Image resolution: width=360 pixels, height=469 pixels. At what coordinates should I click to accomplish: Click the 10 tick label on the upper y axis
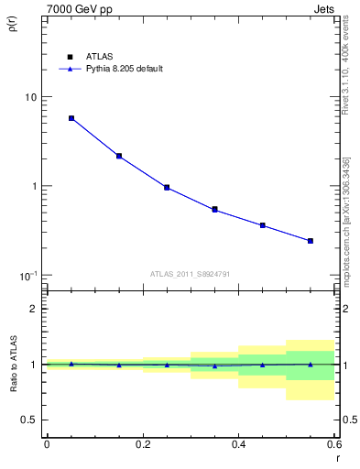(x=30, y=97)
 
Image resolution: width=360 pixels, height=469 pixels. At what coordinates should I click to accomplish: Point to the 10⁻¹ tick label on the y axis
(x=27, y=275)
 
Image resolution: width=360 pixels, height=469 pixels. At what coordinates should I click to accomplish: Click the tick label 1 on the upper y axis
(x=34, y=186)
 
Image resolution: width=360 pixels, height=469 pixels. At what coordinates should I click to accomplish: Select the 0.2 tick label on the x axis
(x=142, y=444)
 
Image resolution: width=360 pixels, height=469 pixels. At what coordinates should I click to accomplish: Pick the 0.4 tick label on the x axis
(x=238, y=444)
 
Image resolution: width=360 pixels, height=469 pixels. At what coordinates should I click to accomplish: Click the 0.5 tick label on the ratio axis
(x=29, y=420)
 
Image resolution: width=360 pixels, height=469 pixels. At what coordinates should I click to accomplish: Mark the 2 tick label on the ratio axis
(x=34, y=309)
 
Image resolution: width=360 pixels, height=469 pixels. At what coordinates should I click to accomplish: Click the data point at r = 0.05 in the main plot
(x=71, y=118)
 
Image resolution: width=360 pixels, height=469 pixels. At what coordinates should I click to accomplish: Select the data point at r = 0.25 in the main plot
(x=167, y=187)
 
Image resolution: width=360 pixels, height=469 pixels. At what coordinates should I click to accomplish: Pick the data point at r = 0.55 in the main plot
(x=311, y=241)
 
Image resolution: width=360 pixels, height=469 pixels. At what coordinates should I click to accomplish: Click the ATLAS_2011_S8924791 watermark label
(x=190, y=274)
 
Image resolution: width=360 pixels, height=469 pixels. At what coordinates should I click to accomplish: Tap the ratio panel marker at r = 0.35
(x=214, y=365)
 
